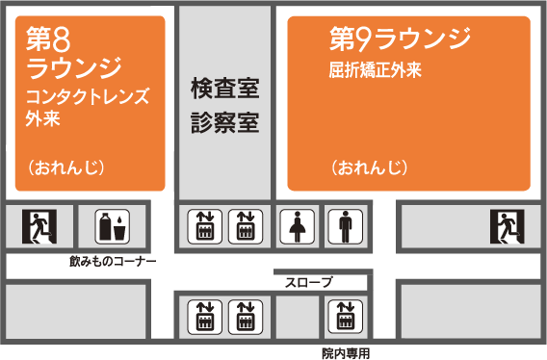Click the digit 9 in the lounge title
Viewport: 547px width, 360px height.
click(362, 39)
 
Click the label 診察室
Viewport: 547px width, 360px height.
click(225, 123)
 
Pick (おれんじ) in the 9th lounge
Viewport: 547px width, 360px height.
click(370, 167)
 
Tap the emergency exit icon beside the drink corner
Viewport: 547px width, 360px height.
click(39, 227)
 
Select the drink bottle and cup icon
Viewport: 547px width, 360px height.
click(111, 227)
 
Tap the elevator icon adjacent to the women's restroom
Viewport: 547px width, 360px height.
click(246, 227)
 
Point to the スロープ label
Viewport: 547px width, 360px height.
click(308, 282)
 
